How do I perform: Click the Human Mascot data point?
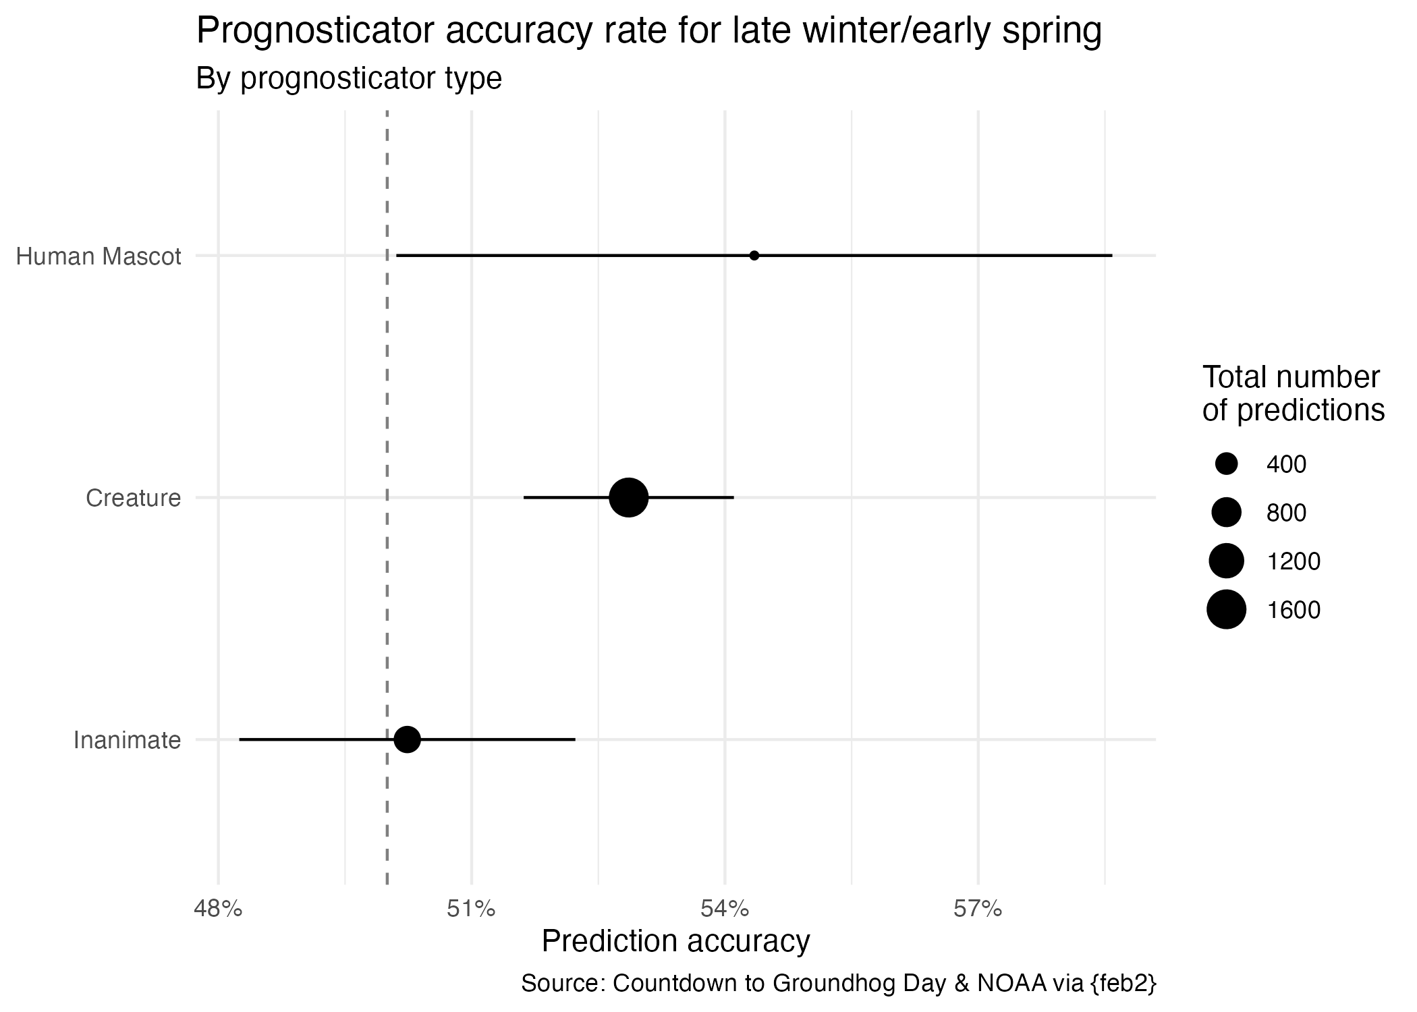point(754,256)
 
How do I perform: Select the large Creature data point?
point(629,498)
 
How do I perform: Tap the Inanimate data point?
point(407,739)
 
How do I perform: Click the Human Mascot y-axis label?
point(99,257)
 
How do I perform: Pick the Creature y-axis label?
point(134,499)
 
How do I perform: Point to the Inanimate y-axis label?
point(127,741)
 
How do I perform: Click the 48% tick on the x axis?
point(218,909)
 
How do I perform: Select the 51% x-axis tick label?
point(471,909)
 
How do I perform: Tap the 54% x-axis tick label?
point(725,909)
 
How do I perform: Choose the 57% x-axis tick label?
point(978,909)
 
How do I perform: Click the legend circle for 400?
point(1226,464)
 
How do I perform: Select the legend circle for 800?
point(1226,513)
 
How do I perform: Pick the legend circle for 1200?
point(1226,561)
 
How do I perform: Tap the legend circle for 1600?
point(1226,610)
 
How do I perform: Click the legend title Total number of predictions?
point(1293,394)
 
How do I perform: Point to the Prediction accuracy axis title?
point(675,941)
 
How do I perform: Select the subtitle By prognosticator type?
point(349,79)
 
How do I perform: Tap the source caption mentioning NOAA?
point(839,983)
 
